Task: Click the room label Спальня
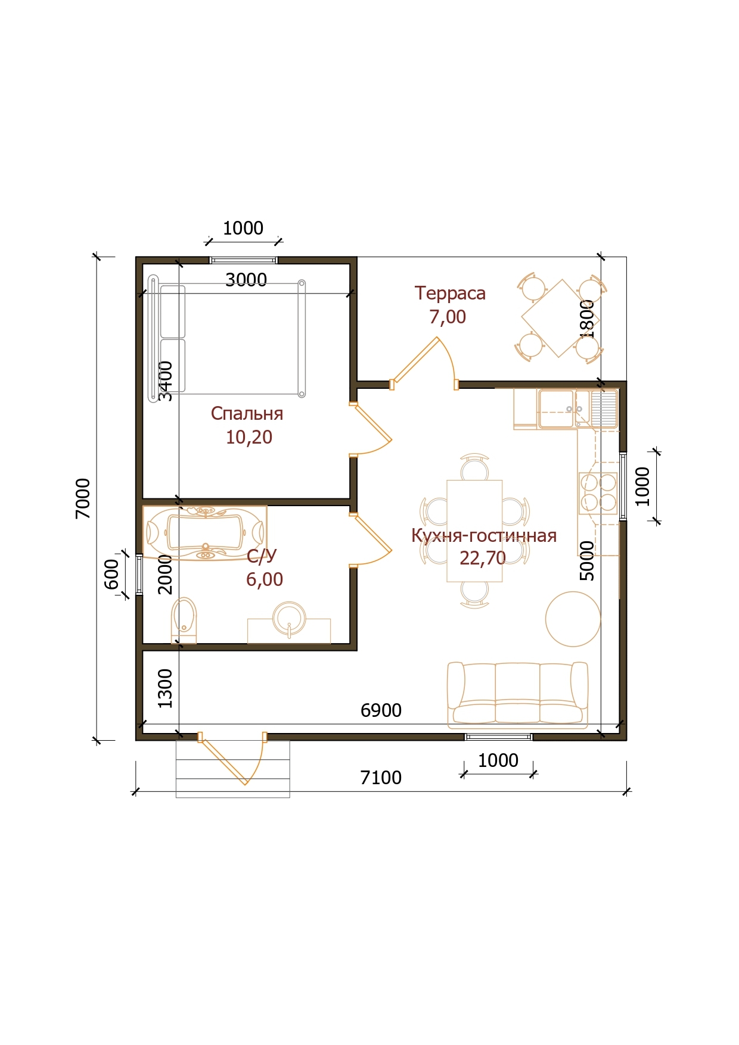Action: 247,414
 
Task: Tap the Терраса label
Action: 450,293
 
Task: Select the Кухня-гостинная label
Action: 484,535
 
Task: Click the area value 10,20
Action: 249,437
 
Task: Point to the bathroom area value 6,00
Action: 265,579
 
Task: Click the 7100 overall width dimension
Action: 381,778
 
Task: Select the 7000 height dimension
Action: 83,498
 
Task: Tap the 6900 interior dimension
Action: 381,710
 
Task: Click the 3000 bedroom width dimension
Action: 246,280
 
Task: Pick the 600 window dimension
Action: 111,574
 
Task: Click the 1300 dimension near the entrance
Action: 164,688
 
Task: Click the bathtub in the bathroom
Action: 205,532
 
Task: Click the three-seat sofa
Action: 518,695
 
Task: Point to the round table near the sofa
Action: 573,619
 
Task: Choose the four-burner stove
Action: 598,493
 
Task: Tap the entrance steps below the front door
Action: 232,769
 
